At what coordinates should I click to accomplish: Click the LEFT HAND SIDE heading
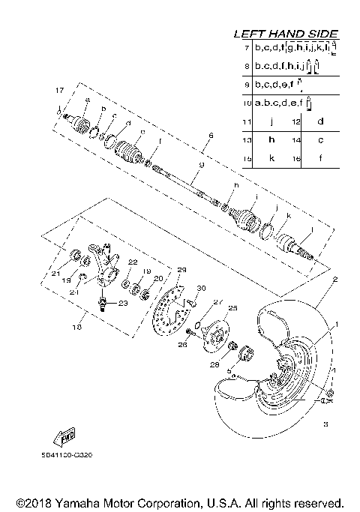[x=285, y=34]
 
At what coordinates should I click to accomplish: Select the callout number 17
[x=59, y=91]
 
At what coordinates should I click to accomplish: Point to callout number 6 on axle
[x=211, y=136]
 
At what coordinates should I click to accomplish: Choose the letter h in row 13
[x=272, y=140]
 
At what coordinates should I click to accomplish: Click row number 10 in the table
[x=246, y=102]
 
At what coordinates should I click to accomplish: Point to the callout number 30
[x=200, y=289]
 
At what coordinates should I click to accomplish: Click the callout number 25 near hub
[x=232, y=307]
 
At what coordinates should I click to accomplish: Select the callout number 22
[x=132, y=262]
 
